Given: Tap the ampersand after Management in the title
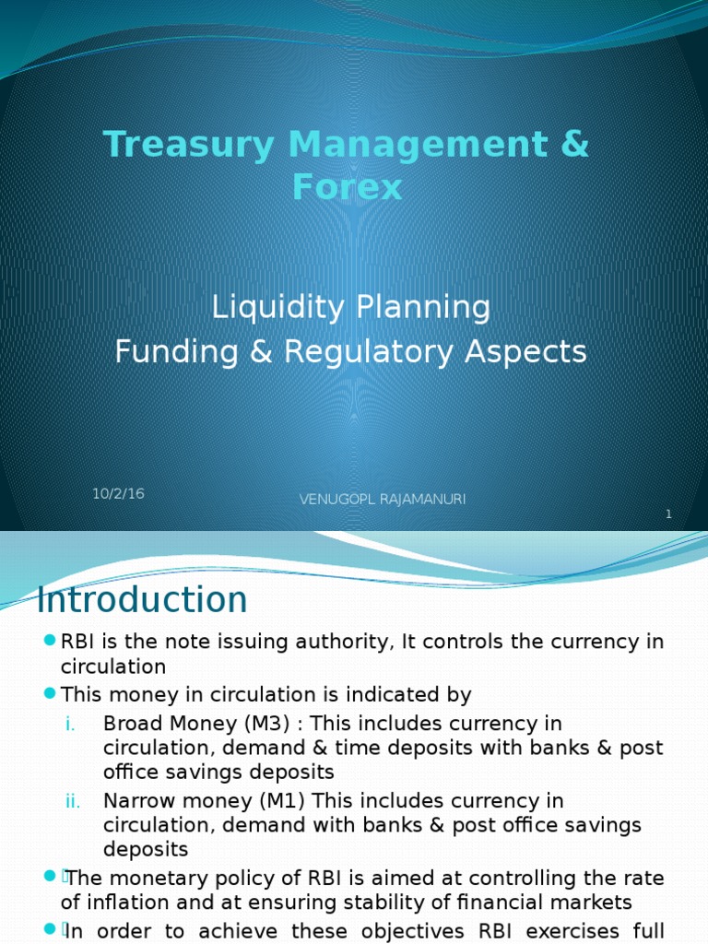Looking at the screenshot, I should point(573,145).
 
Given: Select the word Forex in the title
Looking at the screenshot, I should point(348,187).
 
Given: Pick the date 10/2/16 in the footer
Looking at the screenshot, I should point(118,493).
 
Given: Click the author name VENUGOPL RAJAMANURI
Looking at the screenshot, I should point(383,499).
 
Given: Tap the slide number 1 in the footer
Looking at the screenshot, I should point(668,513).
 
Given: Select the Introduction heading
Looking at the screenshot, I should point(142,600).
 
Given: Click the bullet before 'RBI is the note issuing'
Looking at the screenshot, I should point(50,642).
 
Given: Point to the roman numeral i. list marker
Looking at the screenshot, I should point(71,724).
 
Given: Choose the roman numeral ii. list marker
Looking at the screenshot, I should point(74,800).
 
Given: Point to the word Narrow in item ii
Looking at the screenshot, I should point(135,800).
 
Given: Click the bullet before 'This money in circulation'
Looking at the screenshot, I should point(50,693).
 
